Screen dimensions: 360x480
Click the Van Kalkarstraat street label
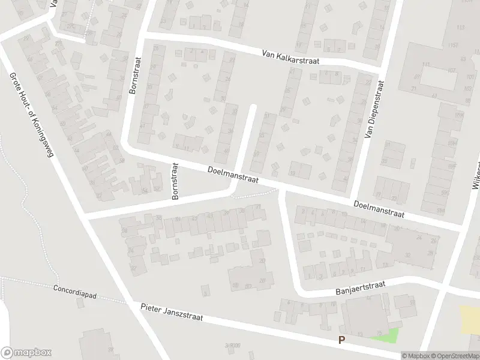(290, 57)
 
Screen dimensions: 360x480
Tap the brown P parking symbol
(341, 340)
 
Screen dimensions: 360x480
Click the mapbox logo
(26, 352)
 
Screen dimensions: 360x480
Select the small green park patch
(385, 335)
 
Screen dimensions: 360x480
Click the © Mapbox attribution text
(416, 356)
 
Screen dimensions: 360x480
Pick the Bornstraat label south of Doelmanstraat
(175, 181)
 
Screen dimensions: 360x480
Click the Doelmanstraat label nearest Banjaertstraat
(378, 209)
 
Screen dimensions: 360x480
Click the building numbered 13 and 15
(366, 318)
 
